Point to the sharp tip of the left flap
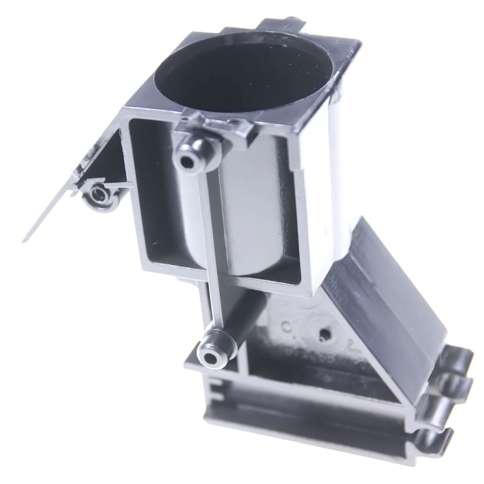pyautogui.click(x=25, y=240)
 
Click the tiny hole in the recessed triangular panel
pyautogui.click(x=325, y=332)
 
